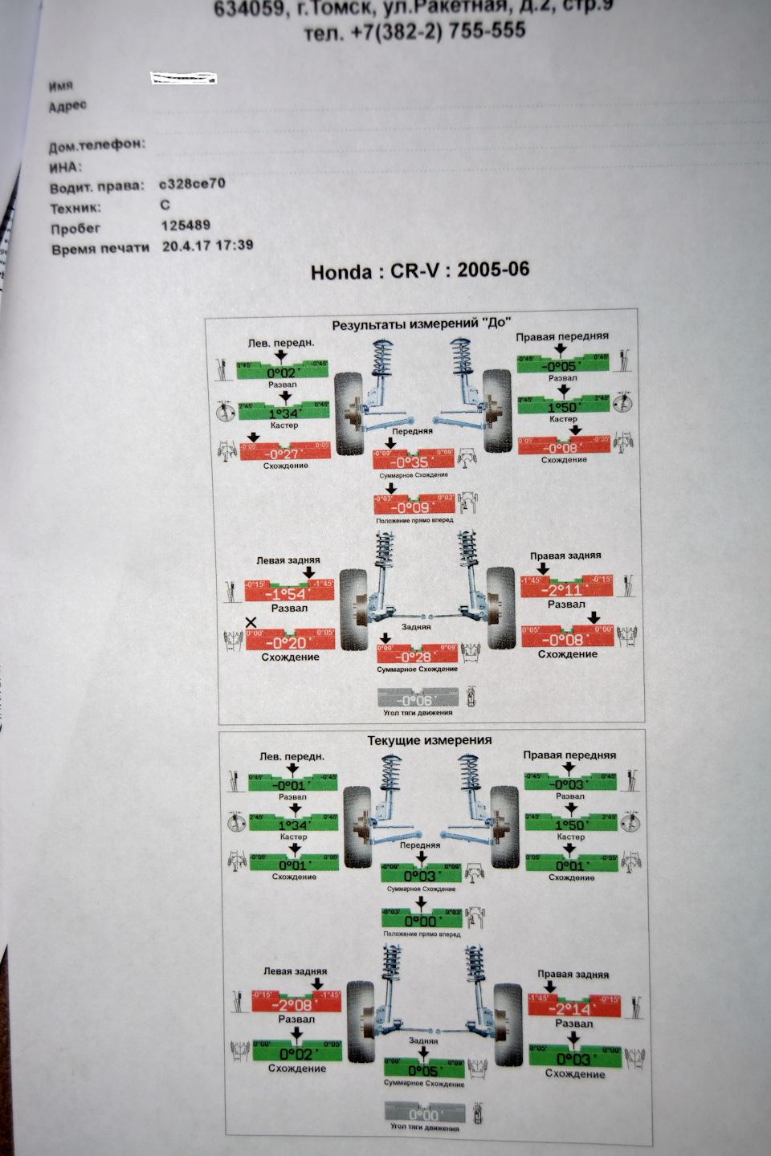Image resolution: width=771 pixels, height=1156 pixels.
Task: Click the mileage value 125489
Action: coord(186,226)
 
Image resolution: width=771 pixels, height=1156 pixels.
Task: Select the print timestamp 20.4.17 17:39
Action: coord(207,246)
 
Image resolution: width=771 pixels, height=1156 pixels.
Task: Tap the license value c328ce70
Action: coord(192,184)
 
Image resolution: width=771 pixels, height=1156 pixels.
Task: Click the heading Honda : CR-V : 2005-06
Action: coord(420,271)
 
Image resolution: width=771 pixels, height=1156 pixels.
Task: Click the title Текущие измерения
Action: coord(429,740)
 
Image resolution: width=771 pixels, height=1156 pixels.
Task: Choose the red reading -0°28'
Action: coord(417,657)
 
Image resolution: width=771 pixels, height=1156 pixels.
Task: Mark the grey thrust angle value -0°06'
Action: coord(417,700)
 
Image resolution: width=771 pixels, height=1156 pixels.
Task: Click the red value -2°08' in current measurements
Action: coord(296,1005)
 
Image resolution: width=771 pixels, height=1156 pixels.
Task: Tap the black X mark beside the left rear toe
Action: coord(251,622)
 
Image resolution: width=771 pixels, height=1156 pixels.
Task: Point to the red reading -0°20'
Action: coord(290,643)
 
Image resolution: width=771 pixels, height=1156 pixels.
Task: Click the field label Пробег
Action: coord(75,229)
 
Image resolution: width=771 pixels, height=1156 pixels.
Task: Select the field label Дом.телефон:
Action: coord(97,145)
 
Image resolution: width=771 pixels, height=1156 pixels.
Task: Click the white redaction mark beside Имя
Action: coord(184,78)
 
